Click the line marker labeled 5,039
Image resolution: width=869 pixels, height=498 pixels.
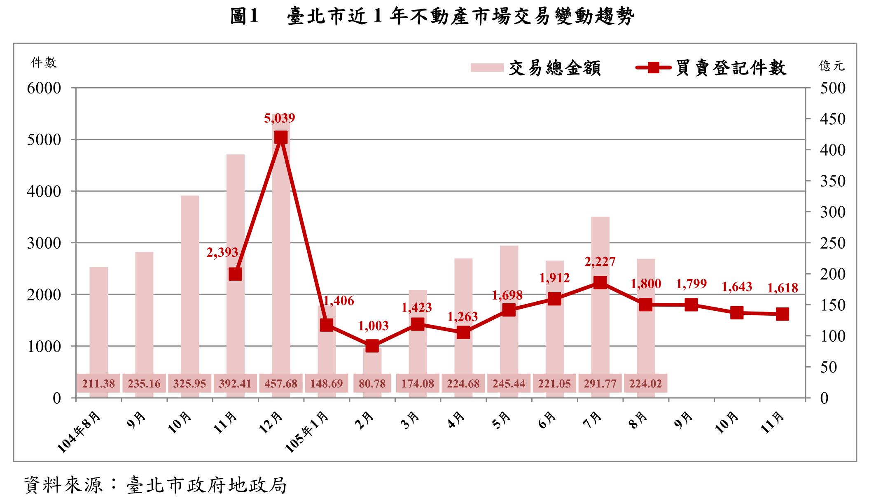(281, 137)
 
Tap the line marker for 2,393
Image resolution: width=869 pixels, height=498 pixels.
(235, 274)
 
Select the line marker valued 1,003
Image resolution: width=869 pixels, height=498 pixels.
(372, 346)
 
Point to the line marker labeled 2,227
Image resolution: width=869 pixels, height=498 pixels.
(600, 283)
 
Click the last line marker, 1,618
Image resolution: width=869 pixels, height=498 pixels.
(783, 314)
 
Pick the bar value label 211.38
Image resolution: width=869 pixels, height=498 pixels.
(98, 384)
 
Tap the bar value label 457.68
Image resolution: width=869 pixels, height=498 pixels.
(281, 384)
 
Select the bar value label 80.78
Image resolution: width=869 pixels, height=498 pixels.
(372, 384)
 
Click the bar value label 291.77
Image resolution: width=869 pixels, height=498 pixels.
(600, 384)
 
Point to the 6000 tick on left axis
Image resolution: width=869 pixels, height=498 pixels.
(44, 88)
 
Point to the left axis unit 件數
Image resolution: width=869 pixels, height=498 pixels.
(44, 63)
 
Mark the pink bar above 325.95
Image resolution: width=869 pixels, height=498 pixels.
(190, 284)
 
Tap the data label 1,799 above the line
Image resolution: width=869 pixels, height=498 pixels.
(691, 284)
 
